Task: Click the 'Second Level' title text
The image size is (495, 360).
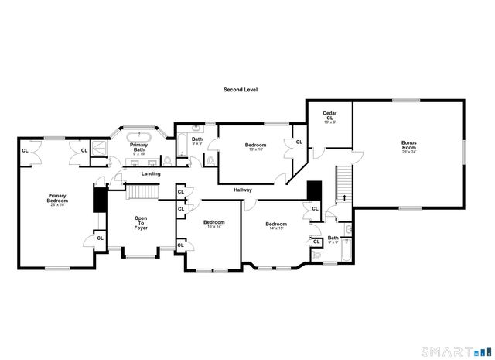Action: coord(241,90)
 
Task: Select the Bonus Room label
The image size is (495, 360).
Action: coord(408,145)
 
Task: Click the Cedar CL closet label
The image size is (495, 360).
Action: coord(329,117)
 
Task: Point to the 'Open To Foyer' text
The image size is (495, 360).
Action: coord(141,223)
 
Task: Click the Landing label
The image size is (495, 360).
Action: coord(151,173)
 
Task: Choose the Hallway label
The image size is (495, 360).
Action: coord(244,189)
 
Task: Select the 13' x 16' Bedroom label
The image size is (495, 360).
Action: coord(255,146)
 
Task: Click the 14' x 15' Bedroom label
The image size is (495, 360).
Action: coord(277,225)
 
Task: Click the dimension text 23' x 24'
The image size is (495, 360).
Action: coord(408,152)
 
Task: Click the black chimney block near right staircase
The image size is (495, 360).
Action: coord(314,190)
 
